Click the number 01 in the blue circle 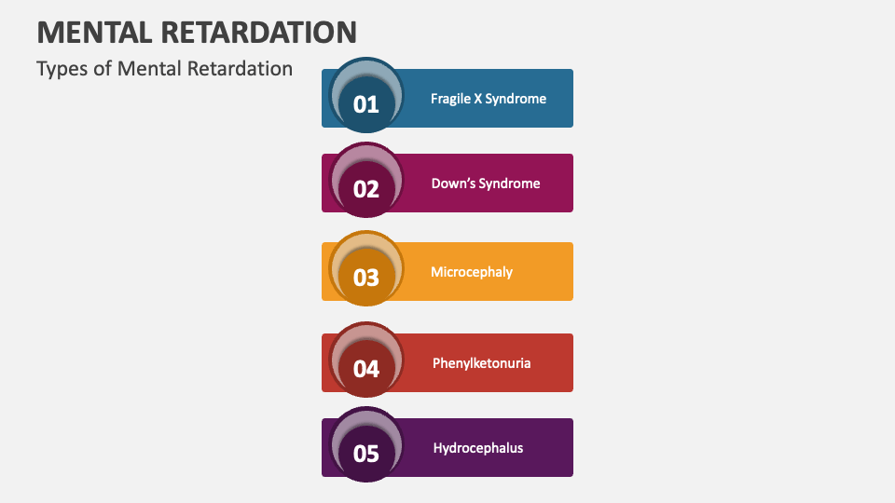click(365, 104)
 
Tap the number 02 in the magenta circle click(365, 189)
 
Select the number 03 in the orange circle click(365, 278)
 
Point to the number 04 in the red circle click(365, 369)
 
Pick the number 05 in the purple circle click(365, 454)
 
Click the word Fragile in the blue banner click(450, 100)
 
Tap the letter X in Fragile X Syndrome click(477, 99)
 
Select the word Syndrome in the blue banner click(516, 100)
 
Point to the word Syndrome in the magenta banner click(510, 184)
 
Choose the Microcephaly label click(472, 272)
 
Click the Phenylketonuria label click(481, 363)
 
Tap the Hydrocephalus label click(477, 448)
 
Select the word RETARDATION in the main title click(258, 33)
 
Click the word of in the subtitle click(103, 68)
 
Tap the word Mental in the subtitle click(149, 68)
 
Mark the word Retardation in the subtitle click(240, 68)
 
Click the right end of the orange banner click(572, 271)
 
